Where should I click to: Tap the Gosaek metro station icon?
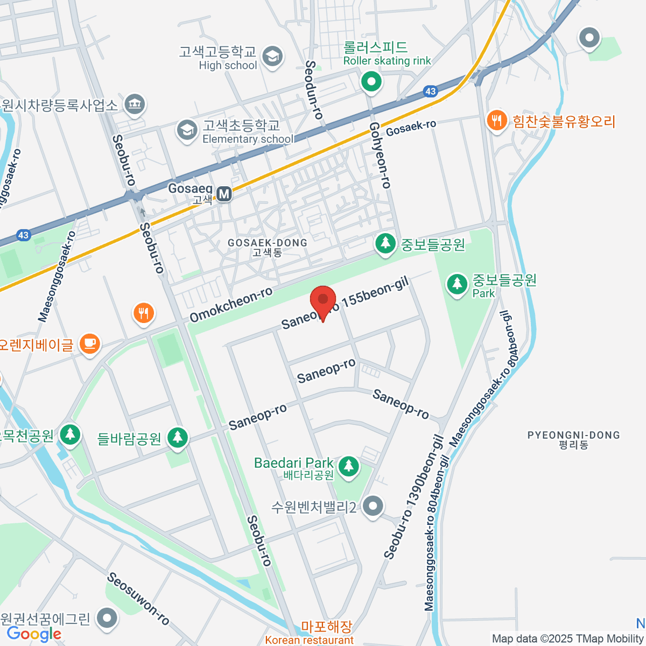click(x=224, y=193)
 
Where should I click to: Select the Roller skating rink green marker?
click(x=370, y=82)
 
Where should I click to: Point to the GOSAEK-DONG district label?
click(x=267, y=247)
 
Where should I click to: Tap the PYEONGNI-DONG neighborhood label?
click(x=573, y=439)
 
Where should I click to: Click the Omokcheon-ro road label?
click(x=231, y=305)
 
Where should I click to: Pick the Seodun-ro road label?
click(x=313, y=89)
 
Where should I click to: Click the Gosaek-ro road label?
click(x=411, y=128)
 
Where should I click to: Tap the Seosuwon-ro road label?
click(x=138, y=599)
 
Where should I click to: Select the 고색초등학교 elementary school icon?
click(x=187, y=131)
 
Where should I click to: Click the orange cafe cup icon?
click(x=89, y=343)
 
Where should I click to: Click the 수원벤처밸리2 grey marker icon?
click(x=373, y=507)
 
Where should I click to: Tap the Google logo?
click(x=34, y=634)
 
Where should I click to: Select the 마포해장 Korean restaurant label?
click(x=326, y=627)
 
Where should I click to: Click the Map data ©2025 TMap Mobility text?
click(x=567, y=639)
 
